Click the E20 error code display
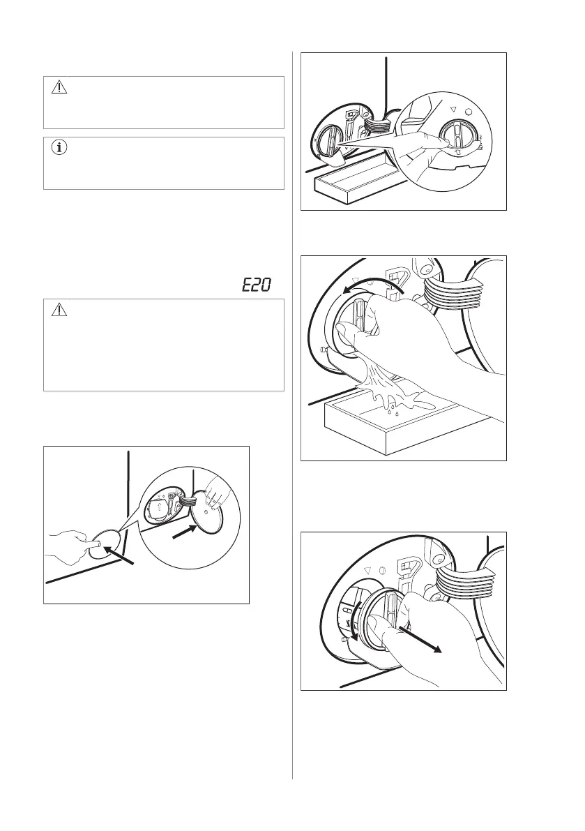[256, 285]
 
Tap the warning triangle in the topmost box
[59, 87]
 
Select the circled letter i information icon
[59, 148]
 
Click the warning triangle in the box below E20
[59, 310]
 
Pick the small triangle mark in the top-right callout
[453, 109]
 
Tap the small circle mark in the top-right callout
[467, 112]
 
